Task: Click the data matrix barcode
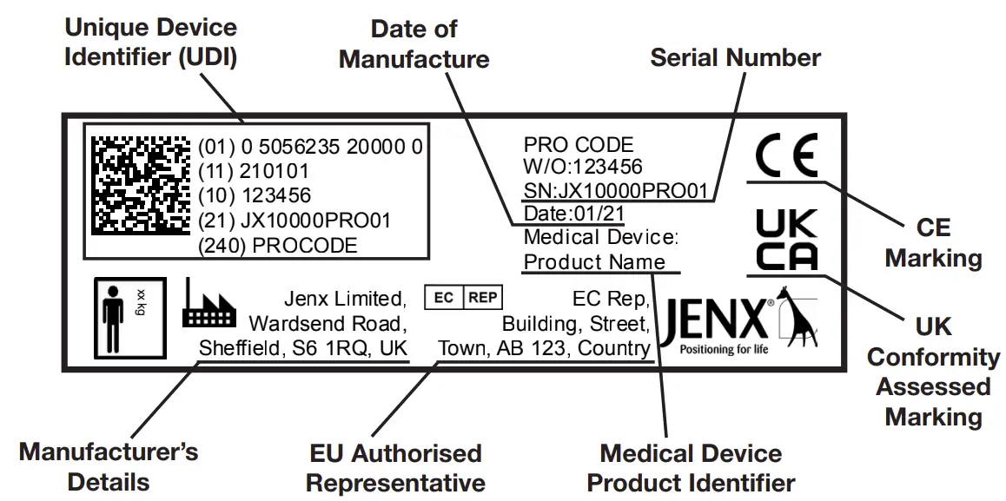pos(141,187)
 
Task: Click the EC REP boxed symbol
pos(463,298)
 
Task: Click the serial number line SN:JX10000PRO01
pos(616,191)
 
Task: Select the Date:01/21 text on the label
pos(574,214)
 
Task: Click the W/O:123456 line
pos(583,168)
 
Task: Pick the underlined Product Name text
pos(595,262)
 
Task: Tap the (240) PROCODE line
pos(277,246)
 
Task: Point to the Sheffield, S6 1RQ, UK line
pos(303,349)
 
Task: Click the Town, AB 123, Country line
pos(545,349)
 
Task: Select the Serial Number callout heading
pos(735,58)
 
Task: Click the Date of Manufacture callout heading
pos(414,44)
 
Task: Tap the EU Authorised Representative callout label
pos(395,467)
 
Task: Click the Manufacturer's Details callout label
pos(109,466)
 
